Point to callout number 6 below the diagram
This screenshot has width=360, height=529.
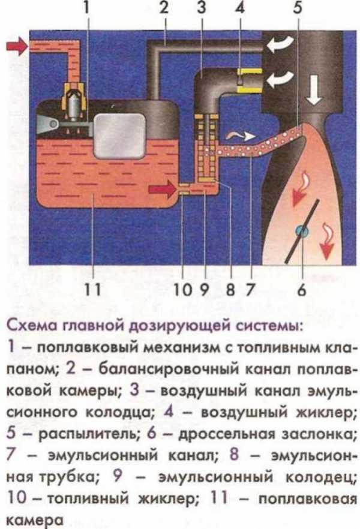click(301, 290)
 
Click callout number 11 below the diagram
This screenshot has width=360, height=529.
click(92, 290)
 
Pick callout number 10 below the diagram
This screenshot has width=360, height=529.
click(182, 290)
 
